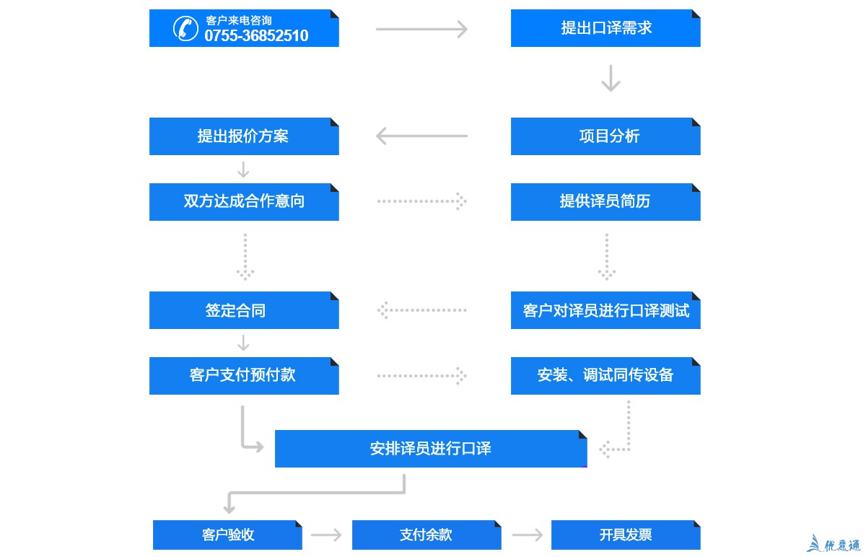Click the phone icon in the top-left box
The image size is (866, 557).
tap(185, 28)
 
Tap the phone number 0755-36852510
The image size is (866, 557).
tap(256, 36)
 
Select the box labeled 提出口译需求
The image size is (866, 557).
tap(605, 28)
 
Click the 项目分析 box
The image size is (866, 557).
tap(605, 136)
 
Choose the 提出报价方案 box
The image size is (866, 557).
tap(244, 136)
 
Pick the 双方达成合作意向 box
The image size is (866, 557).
tap(244, 201)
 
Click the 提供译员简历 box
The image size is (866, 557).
tap(605, 201)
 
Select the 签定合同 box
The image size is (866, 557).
tap(244, 310)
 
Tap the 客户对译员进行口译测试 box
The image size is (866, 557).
tap(605, 310)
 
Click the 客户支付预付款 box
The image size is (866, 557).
tap(244, 375)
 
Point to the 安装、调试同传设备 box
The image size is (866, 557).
tap(605, 375)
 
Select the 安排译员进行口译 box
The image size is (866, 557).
tap(431, 449)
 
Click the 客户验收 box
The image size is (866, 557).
tap(227, 535)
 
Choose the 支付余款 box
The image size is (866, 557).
tap(427, 535)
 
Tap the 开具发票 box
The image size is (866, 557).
tap(626, 535)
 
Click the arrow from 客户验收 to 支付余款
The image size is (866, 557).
tap(326, 535)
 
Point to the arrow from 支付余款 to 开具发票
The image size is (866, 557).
tap(527, 535)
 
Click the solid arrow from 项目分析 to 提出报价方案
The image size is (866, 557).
tap(421, 136)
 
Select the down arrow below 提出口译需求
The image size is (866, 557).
tap(611, 79)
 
